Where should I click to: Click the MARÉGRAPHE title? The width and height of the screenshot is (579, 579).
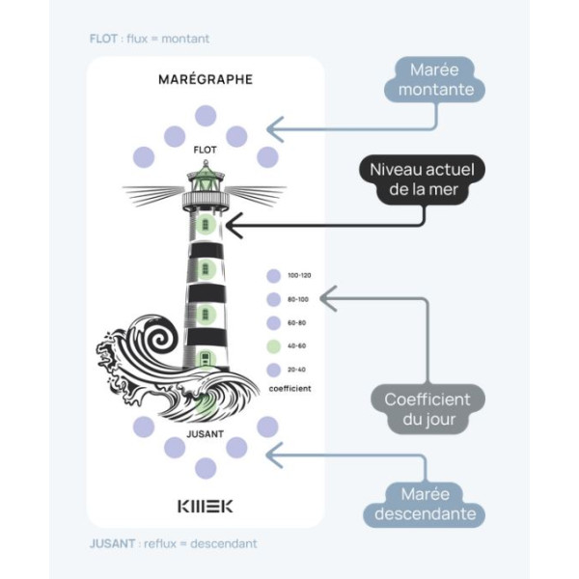(x=205, y=79)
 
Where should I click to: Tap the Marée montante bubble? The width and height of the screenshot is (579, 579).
(x=433, y=80)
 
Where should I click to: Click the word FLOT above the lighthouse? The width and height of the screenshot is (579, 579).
(x=205, y=150)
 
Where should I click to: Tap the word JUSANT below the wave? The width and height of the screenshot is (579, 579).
(x=205, y=433)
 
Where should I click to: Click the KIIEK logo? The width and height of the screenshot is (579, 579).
(x=205, y=505)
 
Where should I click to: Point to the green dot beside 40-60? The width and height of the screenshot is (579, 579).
(x=274, y=345)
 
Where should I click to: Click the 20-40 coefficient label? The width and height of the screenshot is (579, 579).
(x=299, y=369)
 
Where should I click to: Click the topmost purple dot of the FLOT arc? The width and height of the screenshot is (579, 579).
(x=206, y=116)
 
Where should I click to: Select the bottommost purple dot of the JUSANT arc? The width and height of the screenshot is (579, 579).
(x=206, y=468)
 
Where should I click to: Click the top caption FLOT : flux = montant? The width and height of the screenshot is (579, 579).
(x=150, y=39)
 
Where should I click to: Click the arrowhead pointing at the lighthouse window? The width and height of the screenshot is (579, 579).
(x=232, y=228)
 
